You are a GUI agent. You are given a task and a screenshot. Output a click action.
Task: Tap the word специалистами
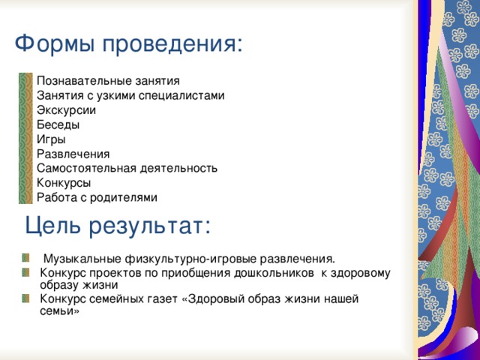coord(181,96)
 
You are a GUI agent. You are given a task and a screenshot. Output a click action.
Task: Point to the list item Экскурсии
coord(66,110)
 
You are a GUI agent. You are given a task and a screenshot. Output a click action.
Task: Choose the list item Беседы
coord(58,124)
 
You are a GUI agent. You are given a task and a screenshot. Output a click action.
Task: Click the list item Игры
coord(51,139)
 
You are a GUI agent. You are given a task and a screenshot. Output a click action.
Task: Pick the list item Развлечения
coord(73,154)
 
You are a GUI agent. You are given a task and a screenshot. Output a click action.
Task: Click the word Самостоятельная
coord(87,168)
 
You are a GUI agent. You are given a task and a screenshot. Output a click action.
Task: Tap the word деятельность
coord(178,168)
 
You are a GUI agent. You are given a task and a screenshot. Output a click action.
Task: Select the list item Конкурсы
coord(64,183)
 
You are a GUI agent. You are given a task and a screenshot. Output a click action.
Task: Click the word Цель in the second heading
coord(52,226)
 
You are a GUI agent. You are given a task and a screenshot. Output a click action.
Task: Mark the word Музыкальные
coord(82,259)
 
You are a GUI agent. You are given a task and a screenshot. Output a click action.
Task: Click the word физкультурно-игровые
coord(190,259)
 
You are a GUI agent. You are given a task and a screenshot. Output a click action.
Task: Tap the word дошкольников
coord(274,272)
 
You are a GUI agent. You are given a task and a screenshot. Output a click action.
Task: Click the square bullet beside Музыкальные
coord(25,258)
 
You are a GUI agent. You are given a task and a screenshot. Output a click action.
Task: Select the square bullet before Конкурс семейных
coord(25,298)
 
